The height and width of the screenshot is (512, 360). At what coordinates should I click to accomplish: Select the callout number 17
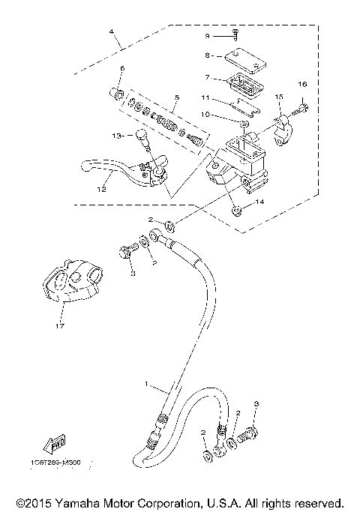pyautogui.click(x=59, y=325)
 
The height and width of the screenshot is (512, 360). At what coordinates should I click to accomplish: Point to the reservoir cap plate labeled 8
pyautogui.click(x=234, y=55)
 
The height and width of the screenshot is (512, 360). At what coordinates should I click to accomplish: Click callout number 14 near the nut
pyautogui.click(x=260, y=202)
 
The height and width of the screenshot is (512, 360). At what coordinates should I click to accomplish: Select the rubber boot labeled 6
pyautogui.click(x=118, y=93)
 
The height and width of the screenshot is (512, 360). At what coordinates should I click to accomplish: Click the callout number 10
pyautogui.click(x=205, y=115)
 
